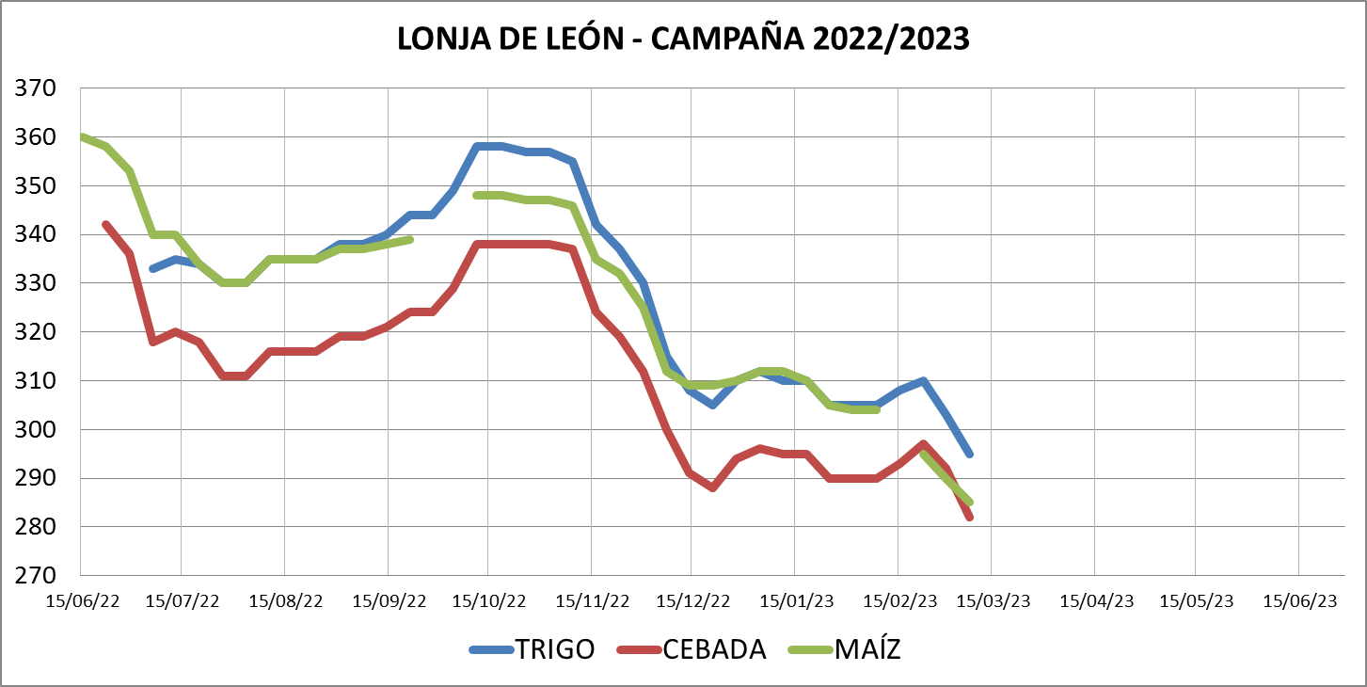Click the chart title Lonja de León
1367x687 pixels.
click(683, 39)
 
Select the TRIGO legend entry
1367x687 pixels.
click(532, 649)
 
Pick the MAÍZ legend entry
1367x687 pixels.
click(844, 649)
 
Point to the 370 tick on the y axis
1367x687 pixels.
click(37, 88)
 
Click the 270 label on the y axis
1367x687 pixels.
click(37, 576)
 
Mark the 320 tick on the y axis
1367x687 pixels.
click(37, 332)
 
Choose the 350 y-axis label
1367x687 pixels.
click(37, 186)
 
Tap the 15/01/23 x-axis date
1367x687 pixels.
click(797, 600)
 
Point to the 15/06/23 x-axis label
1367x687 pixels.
click(1299, 600)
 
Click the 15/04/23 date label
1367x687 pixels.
click(1097, 600)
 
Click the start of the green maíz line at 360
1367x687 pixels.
click(83, 137)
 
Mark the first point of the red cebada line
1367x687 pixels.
click(105, 225)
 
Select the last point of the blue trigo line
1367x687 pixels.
click(969, 454)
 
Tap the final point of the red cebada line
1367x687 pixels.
click(969, 517)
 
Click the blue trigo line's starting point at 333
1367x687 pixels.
click(152, 269)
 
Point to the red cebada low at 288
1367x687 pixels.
click(713, 487)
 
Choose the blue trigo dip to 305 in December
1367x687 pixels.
click(712, 405)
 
